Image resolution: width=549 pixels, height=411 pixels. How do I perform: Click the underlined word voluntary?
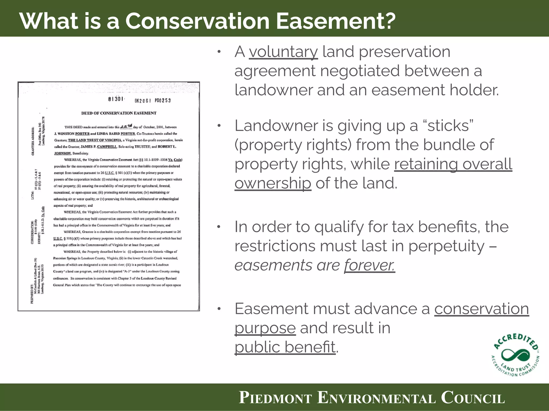pos(283,52)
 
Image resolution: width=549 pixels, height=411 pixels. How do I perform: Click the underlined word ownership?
pos(273,184)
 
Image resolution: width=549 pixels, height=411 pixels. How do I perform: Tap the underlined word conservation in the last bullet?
pos(481,309)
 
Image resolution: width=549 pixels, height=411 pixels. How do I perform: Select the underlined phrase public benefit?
pos(285,347)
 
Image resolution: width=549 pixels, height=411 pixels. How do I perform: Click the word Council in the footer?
pos(473,398)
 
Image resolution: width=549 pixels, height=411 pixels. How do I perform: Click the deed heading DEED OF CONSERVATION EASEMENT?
pos(119,113)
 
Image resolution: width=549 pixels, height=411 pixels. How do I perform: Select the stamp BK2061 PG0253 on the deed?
pos(153,101)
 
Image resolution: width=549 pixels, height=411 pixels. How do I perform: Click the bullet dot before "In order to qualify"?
pos(219,227)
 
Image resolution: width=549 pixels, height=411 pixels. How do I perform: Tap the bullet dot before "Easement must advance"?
pos(219,309)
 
